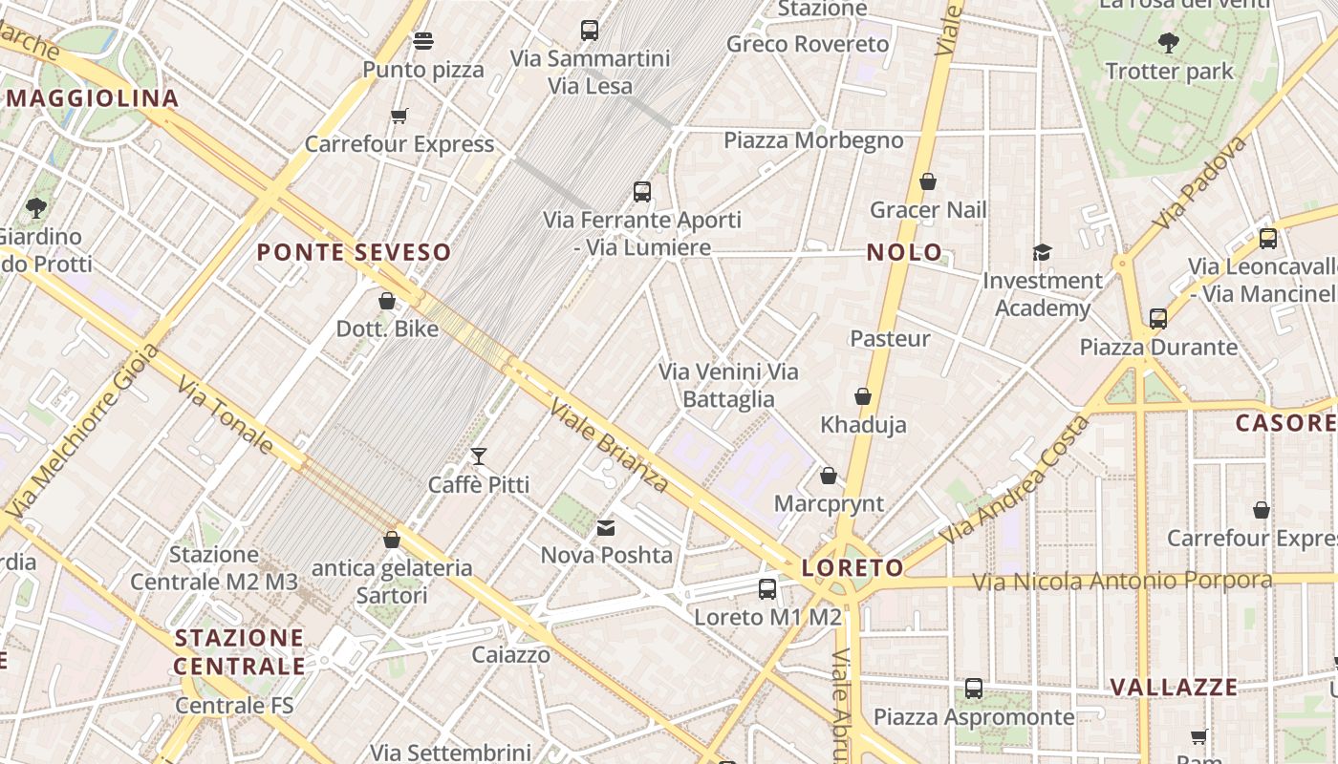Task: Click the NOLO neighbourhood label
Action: (904, 253)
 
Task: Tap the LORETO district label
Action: (852, 568)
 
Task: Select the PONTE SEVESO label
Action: (354, 253)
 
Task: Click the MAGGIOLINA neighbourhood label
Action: (93, 98)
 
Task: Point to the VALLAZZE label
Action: (1174, 688)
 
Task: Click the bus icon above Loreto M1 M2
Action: (766, 589)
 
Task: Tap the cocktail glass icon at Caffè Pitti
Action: (479, 456)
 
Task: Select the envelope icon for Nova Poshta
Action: (606, 528)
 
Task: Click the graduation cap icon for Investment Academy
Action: (1042, 252)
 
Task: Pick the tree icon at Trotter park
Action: (1168, 43)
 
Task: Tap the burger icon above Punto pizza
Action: (423, 41)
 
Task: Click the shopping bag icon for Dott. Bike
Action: (387, 301)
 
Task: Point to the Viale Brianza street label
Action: (609, 446)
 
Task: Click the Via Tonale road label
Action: (226, 414)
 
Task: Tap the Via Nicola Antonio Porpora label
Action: (1122, 582)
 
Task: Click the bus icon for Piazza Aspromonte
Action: (974, 688)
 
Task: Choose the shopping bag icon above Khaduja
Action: (863, 396)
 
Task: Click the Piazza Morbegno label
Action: (813, 140)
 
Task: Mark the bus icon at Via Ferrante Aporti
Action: (642, 192)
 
